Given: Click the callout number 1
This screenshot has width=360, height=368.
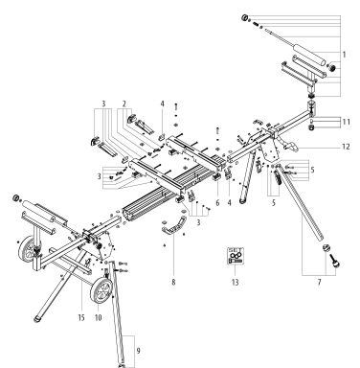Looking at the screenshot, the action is (x=345, y=55).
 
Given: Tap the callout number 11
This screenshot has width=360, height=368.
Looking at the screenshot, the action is (x=347, y=122).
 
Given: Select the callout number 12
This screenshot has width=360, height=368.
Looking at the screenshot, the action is (x=346, y=147).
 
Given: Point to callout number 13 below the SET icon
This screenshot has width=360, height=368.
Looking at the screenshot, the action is (x=236, y=283).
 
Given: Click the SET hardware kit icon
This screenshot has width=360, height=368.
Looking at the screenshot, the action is (x=236, y=256).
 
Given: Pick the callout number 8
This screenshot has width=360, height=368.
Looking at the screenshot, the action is (x=173, y=283).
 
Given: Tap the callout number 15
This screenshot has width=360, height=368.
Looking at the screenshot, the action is (x=81, y=317).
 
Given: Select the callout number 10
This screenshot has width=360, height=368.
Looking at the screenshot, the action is (x=98, y=317).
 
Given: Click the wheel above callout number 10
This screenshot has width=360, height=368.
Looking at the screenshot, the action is (x=101, y=290).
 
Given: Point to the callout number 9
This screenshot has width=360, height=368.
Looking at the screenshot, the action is (x=138, y=351).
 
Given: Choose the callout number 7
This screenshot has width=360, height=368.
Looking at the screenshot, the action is (x=319, y=282).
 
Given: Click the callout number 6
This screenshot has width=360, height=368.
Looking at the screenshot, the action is (x=217, y=202).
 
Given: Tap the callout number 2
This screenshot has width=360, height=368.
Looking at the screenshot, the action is (x=124, y=103).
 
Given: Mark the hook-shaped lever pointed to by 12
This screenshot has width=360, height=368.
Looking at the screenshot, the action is (x=288, y=147).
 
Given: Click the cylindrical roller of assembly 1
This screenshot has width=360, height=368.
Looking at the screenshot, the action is (x=308, y=55).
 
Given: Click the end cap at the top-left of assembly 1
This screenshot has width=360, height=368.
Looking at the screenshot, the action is (x=244, y=18).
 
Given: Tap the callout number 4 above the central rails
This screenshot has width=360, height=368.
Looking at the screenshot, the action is (x=162, y=103).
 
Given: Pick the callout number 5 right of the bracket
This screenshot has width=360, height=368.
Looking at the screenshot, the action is (x=312, y=170).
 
